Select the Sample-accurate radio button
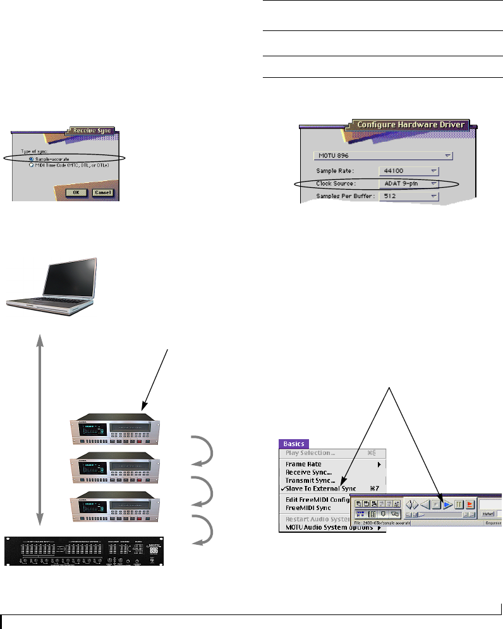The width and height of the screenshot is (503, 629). pos(32,158)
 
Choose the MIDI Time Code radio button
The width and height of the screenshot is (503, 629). pos(32,165)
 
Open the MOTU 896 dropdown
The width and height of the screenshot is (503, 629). pos(384,154)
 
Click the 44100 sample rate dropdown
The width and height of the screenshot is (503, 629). pos(409,171)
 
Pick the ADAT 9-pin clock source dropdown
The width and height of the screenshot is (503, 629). pos(409,184)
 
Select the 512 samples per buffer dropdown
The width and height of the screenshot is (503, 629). pos(409,197)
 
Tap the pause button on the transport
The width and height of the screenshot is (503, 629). pos(459,504)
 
